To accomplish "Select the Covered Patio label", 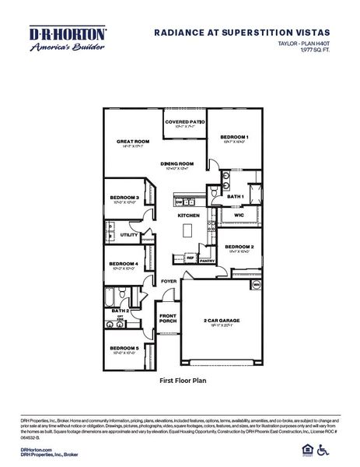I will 184,122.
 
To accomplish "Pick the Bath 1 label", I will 236,196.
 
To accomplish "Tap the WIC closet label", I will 239,214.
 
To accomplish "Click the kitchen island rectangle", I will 187,231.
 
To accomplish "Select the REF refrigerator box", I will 189,257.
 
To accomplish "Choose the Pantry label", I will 206,262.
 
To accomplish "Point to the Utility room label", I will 128,234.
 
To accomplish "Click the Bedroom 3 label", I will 124,198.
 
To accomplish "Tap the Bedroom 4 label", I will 124,264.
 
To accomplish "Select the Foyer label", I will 169,280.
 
